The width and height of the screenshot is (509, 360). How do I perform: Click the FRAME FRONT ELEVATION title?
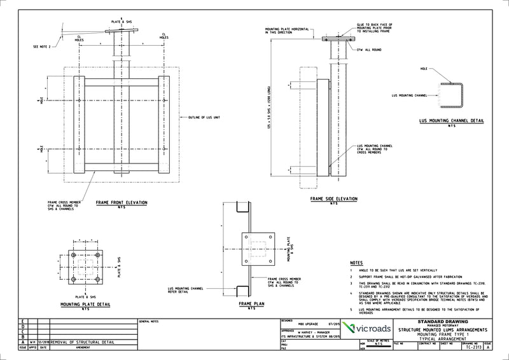(x=122, y=202)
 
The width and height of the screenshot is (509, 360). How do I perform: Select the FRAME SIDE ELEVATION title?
(x=333, y=199)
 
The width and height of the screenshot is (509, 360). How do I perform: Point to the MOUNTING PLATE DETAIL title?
(x=85, y=305)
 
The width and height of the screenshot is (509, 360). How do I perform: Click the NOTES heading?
(x=357, y=263)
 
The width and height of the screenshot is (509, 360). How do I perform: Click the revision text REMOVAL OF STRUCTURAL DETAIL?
(x=83, y=342)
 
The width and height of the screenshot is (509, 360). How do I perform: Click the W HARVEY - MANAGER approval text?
(x=309, y=331)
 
